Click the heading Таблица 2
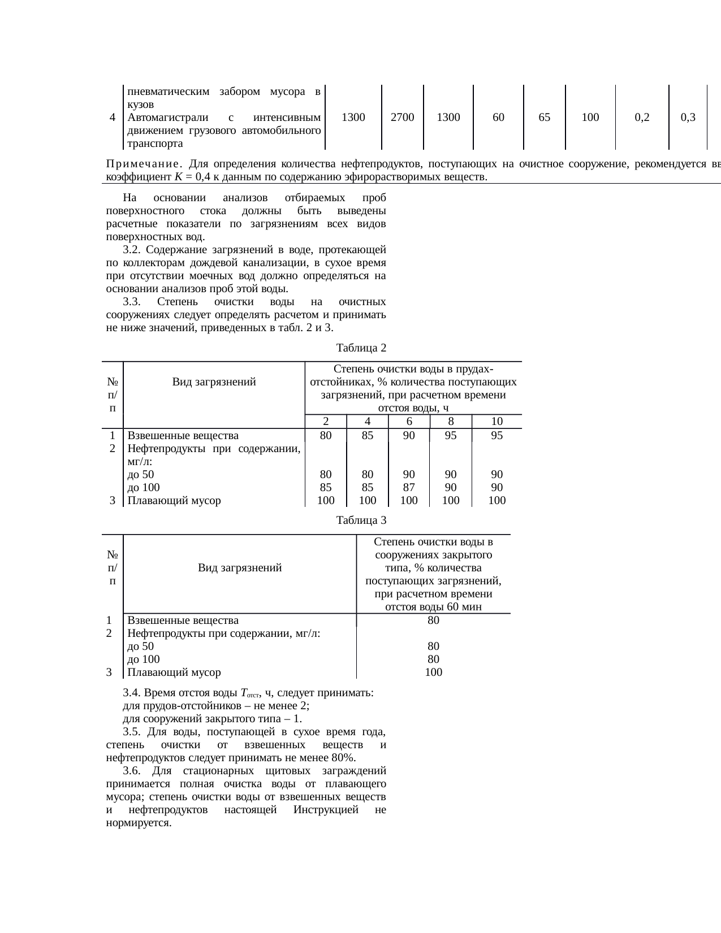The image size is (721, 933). coord(361,348)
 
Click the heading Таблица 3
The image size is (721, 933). coord(361,520)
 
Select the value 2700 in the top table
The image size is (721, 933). coord(403,118)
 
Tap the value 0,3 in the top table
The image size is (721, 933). coord(688,118)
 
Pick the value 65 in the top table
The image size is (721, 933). coord(545,118)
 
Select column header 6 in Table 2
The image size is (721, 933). coord(409,422)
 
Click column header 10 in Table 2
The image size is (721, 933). coord(497,422)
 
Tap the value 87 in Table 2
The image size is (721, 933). coord(409,487)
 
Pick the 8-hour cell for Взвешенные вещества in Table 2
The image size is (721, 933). coord(451,436)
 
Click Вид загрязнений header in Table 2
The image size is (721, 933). coord(214,382)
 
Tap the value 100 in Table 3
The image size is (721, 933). coord(433,672)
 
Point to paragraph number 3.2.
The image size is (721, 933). coord(131,250)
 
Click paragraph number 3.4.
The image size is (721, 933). coord(131,693)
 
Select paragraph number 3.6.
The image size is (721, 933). coord(131,771)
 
